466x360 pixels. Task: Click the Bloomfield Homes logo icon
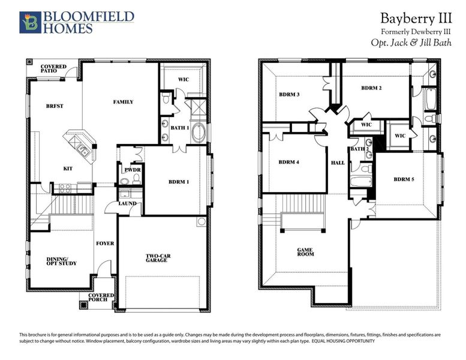tap(29, 21)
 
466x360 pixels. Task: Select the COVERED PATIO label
tap(53, 70)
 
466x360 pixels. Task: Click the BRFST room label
tap(55, 106)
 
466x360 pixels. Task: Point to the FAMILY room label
tap(123, 102)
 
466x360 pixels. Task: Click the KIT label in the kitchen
tap(68, 169)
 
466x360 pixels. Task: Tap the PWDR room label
tap(133, 170)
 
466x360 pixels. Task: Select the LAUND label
tap(128, 203)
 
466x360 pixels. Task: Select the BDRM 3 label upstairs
tap(289, 95)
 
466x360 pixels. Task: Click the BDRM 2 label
tap(372, 88)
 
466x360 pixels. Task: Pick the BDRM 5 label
tap(405, 179)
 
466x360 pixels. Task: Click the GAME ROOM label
tap(306, 252)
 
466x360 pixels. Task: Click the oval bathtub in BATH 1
tap(199, 133)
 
